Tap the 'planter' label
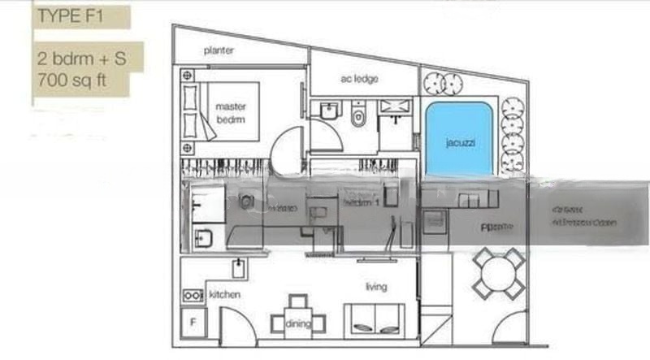point(219,50)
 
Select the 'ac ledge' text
point(358,79)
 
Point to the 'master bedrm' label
point(230,113)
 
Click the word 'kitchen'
point(224,294)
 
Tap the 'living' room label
point(376,287)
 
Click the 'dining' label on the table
point(297,324)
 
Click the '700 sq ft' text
point(71,80)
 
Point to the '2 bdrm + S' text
point(79,59)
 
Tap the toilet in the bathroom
point(358,117)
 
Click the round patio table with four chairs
point(498,273)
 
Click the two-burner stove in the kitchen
point(194,296)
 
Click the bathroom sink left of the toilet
point(329,111)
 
